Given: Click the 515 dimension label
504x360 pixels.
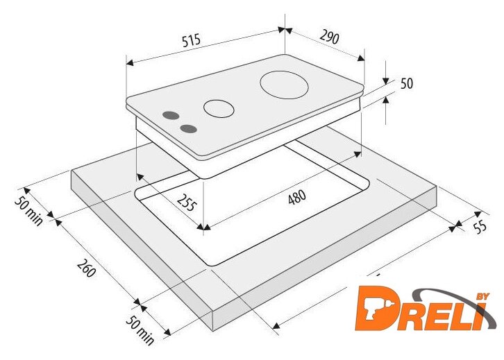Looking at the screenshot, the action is coord(191,40).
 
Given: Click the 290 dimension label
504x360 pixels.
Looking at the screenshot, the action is coord(329,37).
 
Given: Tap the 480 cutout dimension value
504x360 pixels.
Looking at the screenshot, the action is coord(296,197).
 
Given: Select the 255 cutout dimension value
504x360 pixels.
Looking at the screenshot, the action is coord(186,203).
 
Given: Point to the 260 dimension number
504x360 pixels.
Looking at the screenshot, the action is coord(86,268).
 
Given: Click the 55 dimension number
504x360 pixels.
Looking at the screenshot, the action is coord(480,227).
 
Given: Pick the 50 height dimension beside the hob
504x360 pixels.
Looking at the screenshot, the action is coord(407,83).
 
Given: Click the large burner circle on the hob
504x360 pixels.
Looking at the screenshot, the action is coord(284,85).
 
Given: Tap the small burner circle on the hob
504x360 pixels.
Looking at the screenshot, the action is coord(219,108).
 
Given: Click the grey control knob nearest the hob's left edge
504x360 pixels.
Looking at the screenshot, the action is coord(171,115).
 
